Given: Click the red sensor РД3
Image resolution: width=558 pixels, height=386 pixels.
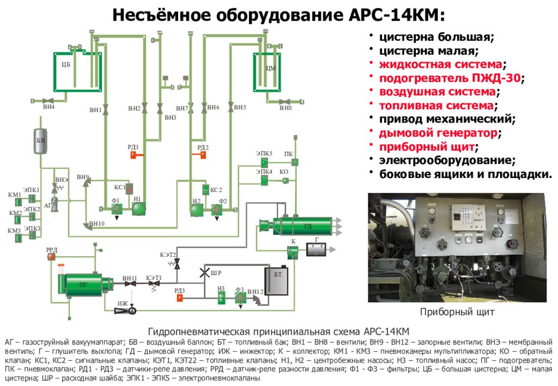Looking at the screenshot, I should click(180, 298).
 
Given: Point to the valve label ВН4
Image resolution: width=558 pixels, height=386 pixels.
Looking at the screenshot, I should click(49, 107).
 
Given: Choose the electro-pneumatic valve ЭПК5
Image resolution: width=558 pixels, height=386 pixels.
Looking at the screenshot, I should click(264, 162).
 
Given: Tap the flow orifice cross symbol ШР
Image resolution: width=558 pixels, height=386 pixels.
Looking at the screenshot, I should click(205, 272).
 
